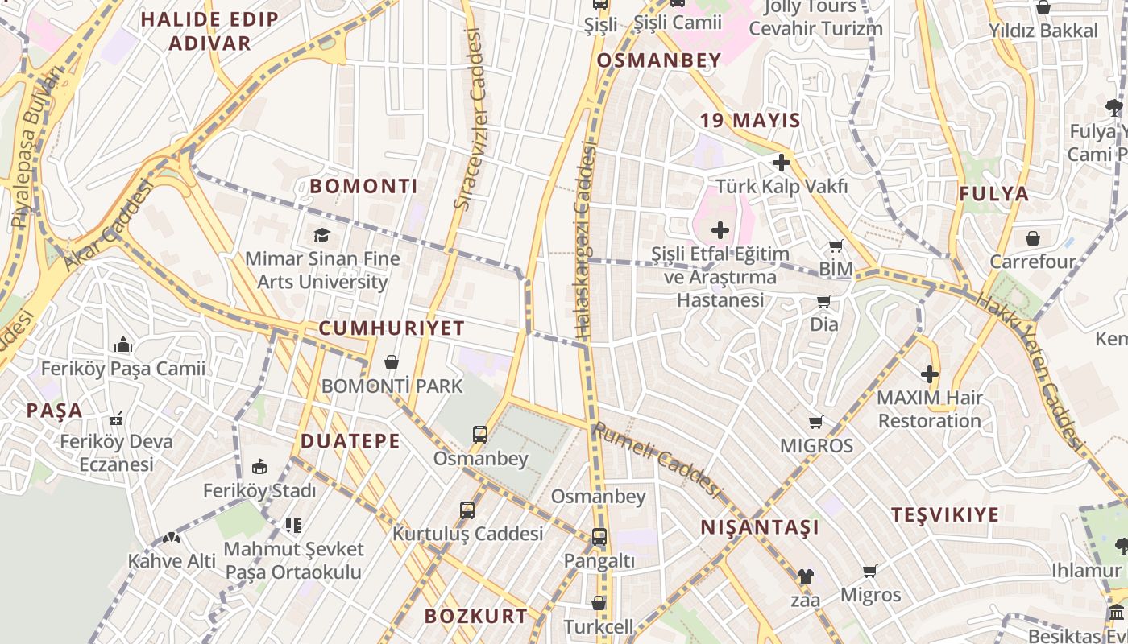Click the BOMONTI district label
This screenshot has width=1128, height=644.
coord(363,187)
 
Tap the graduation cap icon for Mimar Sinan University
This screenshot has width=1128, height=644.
coord(321,235)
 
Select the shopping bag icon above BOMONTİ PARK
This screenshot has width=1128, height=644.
coord(392,362)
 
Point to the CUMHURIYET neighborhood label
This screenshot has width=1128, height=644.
coord(392,328)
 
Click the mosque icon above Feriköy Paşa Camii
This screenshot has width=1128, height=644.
coord(123,345)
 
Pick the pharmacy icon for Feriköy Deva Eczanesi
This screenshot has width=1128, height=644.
coord(116,419)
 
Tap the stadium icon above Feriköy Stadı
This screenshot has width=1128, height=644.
coord(259,467)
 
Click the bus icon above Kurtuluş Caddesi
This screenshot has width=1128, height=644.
coord(467,510)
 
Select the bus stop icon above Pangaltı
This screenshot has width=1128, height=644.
coord(599,537)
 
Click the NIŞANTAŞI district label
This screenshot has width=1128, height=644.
coord(760,528)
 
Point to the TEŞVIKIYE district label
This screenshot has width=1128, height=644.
coord(945,515)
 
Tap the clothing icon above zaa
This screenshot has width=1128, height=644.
coord(805,576)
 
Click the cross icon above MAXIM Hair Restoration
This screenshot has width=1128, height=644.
coord(930,374)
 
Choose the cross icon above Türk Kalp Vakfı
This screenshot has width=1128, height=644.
coord(781,163)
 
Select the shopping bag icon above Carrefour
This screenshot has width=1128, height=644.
coord(1032,238)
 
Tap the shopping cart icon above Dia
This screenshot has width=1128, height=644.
coord(823,302)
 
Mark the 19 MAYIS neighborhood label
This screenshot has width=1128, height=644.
coord(750,122)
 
